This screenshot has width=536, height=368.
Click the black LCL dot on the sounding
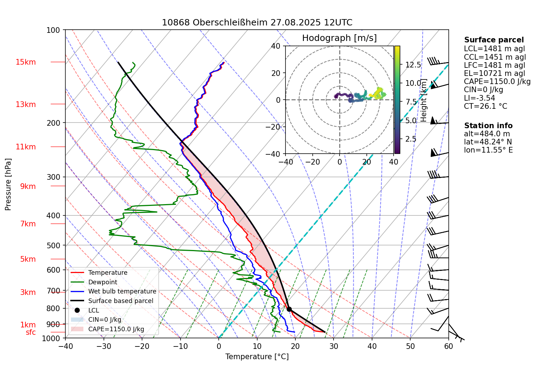pyautogui.click(x=289, y=309)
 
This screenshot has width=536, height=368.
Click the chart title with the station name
pyautogui.click(x=257, y=23)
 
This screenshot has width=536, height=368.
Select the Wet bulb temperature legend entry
pyautogui.click(x=122, y=291)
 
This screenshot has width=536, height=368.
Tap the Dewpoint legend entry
pyautogui.click(x=102, y=282)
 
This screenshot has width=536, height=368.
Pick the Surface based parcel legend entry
pyautogui.click(x=120, y=301)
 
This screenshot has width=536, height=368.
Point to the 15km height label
pyautogui.click(x=25, y=62)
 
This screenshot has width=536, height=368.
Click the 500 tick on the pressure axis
pyautogui.click(x=53, y=245)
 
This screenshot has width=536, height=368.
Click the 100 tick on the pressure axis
pyautogui.click(x=53, y=30)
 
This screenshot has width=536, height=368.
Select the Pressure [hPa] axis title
pyautogui.click(x=8, y=184)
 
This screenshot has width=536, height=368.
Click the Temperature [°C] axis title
pyautogui.click(x=257, y=357)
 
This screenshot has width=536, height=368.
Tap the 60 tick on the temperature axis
pyautogui.click(x=448, y=346)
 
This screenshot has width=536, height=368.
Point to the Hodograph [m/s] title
pyautogui.click(x=339, y=38)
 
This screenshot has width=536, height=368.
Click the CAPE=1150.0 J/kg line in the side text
pyautogui.click(x=497, y=82)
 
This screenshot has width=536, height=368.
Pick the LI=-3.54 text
pyautogui.click(x=479, y=98)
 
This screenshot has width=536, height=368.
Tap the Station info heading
pyautogui.click(x=488, y=126)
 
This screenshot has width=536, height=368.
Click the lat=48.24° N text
pyautogui.click(x=488, y=142)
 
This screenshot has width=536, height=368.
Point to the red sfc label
pyautogui.click(x=31, y=332)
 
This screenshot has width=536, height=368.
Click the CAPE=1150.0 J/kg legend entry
pyautogui.click(x=116, y=329)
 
